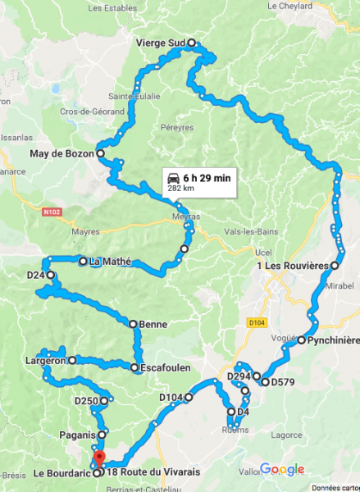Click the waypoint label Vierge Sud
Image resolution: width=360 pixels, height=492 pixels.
tap(162, 43)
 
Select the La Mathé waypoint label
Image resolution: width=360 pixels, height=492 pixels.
tap(107, 262)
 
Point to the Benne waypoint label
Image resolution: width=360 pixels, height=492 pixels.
tap(153, 324)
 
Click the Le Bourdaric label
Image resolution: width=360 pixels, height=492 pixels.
tap(62, 472)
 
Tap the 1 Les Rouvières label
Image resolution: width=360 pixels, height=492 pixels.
tap(292, 266)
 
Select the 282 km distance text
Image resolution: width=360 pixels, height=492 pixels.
tap(180, 188)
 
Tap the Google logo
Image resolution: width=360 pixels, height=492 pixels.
tap(282, 470)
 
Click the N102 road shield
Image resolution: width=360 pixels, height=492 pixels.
tap(49, 211)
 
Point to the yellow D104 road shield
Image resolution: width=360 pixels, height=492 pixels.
tap(254, 323)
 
